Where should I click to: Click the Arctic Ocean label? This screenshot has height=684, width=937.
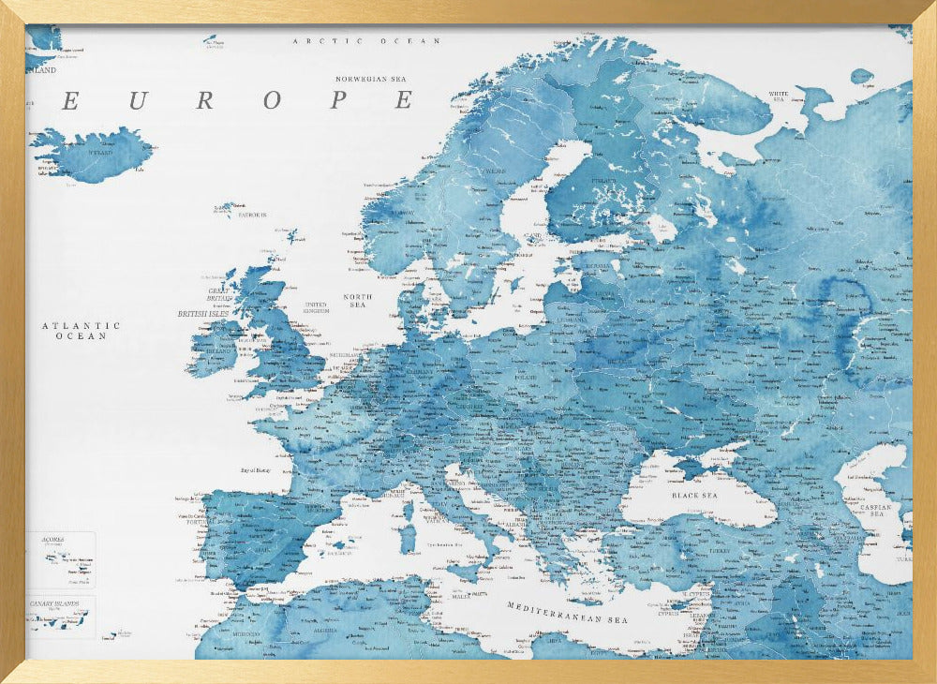point(366,41)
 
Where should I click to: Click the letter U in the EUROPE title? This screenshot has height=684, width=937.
point(138,101)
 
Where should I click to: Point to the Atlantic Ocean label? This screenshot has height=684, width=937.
point(81,331)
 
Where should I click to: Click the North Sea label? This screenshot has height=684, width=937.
point(357,301)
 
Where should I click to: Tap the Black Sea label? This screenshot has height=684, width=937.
point(694,494)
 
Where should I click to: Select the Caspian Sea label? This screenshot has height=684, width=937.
point(877,509)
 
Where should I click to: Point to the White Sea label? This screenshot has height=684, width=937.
point(778,96)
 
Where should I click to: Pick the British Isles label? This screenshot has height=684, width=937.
point(204,314)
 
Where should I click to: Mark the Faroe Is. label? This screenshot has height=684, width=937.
point(252,215)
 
